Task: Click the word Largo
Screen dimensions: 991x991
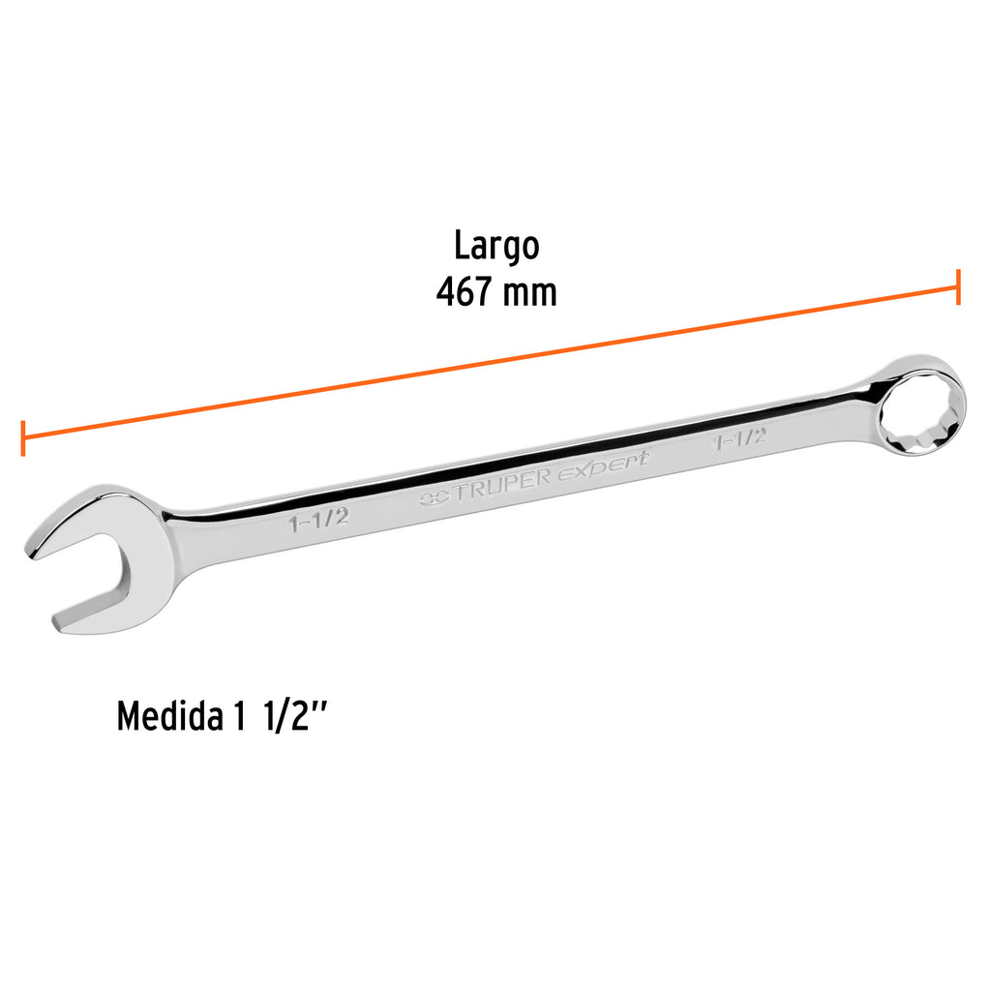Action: [496, 247]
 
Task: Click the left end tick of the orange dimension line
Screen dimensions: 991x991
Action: [22, 437]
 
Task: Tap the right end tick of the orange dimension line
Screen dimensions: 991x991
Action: [958, 286]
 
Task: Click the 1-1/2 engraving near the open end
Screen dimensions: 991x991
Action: [317, 521]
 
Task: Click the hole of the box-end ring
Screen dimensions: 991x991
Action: [920, 409]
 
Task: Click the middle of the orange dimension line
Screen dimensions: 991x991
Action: [490, 362]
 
